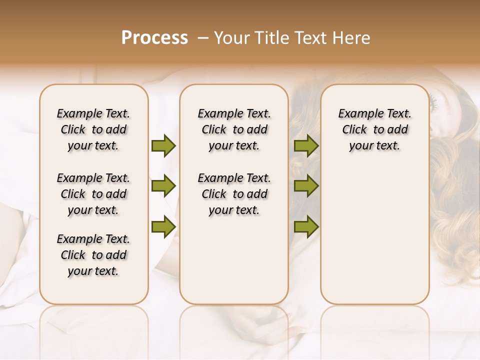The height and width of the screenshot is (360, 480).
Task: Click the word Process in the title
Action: pos(154,38)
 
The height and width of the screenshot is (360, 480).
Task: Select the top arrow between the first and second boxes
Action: pos(163,146)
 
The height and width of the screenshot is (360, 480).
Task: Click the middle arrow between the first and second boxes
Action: pos(163,186)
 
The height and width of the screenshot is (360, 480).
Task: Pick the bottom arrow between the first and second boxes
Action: pos(163,226)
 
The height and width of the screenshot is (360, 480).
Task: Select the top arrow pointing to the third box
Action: pos(306,146)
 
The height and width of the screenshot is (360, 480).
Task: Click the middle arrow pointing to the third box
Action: pos(306,186)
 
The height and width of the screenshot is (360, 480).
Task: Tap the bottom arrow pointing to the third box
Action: pos(306,226)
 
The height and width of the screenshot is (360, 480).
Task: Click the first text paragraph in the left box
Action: pos(93,129)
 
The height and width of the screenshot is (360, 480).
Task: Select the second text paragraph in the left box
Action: pos(93,194)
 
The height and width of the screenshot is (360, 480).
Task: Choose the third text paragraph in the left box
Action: pos(93,255)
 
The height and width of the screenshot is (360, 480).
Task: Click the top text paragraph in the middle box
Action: pos(234,129)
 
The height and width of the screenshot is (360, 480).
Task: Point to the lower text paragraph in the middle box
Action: pos(234,194)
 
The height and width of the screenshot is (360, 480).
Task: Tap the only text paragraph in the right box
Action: pos(374,129)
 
